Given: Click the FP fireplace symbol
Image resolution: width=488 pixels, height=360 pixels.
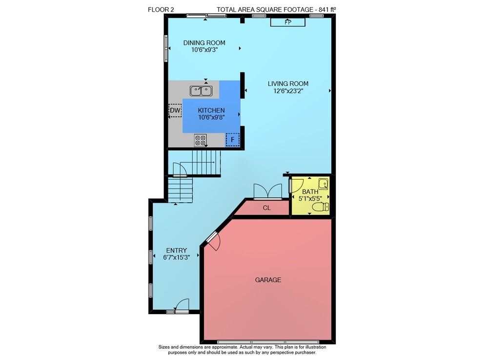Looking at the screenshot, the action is coord(287,22).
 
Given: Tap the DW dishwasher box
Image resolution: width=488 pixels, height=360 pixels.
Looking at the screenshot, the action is coord(175,110).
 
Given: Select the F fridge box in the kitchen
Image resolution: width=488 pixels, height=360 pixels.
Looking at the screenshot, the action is coord(232,140).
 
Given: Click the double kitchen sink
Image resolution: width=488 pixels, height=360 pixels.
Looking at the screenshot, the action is coord(201,91).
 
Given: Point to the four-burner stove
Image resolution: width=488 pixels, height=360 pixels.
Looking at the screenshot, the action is coord(200,140).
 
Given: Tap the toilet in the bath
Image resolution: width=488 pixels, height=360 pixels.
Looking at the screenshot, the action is coord(321,207).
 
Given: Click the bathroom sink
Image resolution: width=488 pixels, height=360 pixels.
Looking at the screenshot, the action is coord(324,184).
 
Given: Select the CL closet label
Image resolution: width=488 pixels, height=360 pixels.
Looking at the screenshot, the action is coord(267,208).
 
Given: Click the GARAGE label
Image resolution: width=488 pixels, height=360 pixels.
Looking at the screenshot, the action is coord(268,280).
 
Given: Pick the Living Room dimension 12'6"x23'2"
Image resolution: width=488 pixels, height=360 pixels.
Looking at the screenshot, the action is coord(288,91).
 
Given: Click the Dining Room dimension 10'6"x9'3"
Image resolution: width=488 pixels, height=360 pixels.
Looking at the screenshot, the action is coord(204,50).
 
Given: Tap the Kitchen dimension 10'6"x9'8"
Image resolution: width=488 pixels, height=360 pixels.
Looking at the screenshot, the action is coord(211,117).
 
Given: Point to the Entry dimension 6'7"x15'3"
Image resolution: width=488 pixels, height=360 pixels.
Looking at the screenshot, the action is coord(177,257).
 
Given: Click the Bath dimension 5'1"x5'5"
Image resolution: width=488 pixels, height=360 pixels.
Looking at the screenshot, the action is coord(310,198).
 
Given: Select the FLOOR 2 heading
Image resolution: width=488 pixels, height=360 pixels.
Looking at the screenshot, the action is coord(161,10).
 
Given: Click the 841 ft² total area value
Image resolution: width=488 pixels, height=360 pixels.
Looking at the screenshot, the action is coord(327,10).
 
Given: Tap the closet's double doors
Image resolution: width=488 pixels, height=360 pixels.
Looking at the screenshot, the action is coord(267,191).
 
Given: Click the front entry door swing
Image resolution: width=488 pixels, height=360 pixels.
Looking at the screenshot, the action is coord(182,305).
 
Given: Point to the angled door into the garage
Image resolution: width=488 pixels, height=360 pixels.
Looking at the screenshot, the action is coord(212,241).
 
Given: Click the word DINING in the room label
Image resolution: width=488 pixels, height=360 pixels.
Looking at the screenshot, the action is coord(194,42).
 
